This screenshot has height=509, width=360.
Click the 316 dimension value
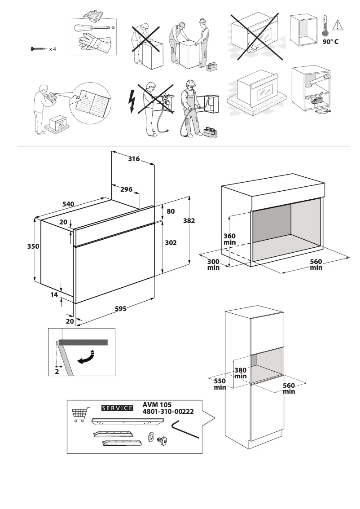pyautogui.click(x=134, y=159)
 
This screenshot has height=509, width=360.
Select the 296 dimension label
pyautogui.click(x=126, y=189)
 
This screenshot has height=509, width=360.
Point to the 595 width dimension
pyautogui.click(x=120, y=309)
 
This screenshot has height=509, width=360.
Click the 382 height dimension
pyautogui.click(x=189, y=221)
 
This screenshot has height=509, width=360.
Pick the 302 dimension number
pyautogui.click(x=171, y=242)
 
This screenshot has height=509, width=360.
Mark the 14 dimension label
pyautogui.click(x=54, y=295)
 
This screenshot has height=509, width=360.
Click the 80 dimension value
pyautogui.click(x=170, y=211)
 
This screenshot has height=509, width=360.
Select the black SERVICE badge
pyautogui.click(x=118, y=408)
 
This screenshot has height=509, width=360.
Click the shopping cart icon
pyautogui.click(x=79, y=415)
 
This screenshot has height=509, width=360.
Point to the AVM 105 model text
pyautogui.click(x=157, y=404)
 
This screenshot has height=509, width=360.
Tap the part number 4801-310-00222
pyautogui.click(x=168, y=412)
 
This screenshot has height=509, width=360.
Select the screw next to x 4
pyautogui.click(x=39, y=48)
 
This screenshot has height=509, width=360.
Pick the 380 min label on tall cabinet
pyautogui.click(x=241, y=373)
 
